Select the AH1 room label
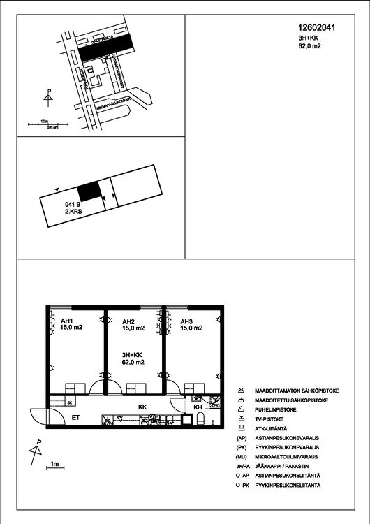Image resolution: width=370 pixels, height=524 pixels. click(x=57, y=321)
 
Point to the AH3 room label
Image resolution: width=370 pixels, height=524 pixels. click(x=186, y=321)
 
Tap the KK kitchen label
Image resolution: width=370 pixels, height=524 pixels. click(x=142, y=406)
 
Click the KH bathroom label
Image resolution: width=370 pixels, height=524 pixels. click(x=198, y=407)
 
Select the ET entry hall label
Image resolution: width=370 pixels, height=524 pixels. click(x=75, y=417)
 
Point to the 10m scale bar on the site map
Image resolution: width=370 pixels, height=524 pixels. click(x=43, y=123)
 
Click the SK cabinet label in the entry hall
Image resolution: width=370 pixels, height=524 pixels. click(x=70, y=403)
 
